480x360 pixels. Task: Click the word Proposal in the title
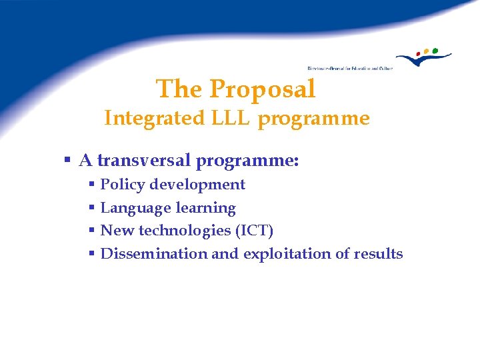[x=262, y=89]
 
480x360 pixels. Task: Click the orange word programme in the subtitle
[x=313, y=119]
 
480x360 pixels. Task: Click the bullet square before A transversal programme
[x=67, y=161]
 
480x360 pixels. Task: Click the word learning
[x=206, y=208]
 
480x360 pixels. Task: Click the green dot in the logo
[x=435, y=50]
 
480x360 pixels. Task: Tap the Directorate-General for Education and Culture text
[x=350, y=68]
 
